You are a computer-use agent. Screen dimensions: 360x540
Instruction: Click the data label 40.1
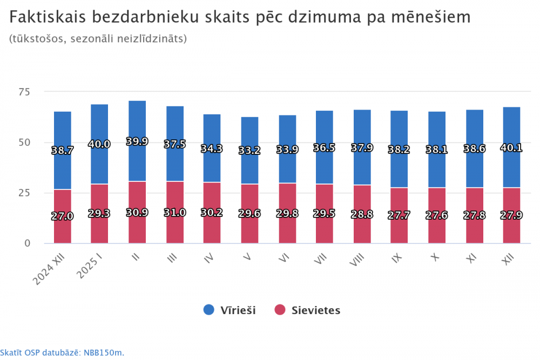click(x=511, y=147)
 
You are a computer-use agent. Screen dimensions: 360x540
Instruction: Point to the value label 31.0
click(x=174, y=213)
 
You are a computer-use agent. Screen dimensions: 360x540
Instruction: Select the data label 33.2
click(x=249, y=151)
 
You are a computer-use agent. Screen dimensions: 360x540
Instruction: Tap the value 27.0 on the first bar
click(x=62, y=216)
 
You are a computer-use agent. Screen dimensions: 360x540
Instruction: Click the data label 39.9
click(x=137, y=141)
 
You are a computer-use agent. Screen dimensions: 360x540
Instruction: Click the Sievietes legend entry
click(x=308, y=310)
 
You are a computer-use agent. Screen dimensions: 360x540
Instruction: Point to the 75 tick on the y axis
click(x=38, y=92)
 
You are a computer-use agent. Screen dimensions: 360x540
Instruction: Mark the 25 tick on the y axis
click(x=38, y=193)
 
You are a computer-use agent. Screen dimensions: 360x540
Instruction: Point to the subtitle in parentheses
click(x=98, y=39)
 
